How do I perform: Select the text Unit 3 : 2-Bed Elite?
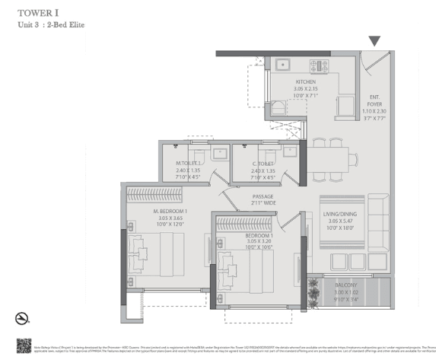click(x=52, y=25)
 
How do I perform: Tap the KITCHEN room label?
click(x=305, y=81)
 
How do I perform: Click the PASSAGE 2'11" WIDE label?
click(x=263, y=200)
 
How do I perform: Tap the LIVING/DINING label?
click(x=342, y=215)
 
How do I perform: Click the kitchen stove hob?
click(x=319, y=66)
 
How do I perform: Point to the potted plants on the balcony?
click(x=312, y=289)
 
